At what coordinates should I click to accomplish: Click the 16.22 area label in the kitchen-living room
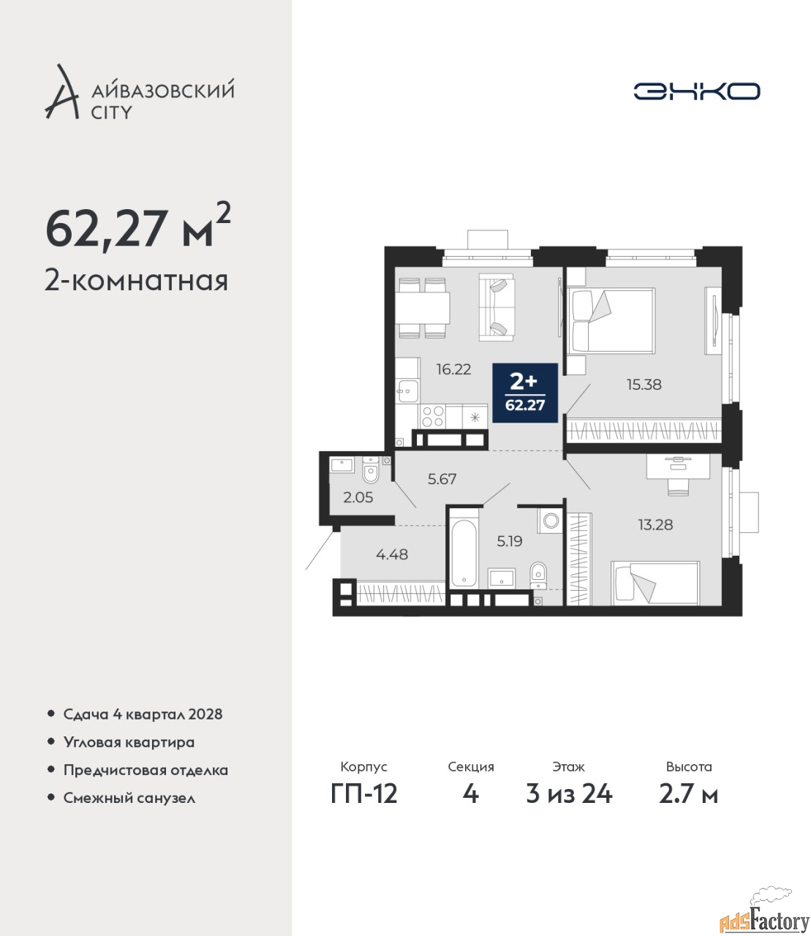tap(453, 369)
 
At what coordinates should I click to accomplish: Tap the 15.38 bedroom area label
tap(644, 385)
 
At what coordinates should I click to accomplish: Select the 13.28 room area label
tap(655, 525)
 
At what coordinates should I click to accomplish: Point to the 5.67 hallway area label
tap(442, 479)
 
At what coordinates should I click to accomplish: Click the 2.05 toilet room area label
tap(358, 497)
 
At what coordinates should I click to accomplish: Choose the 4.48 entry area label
tap(392, 554)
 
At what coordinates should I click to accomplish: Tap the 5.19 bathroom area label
tap(510, 540)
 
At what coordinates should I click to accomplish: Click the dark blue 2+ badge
tap(525, 393)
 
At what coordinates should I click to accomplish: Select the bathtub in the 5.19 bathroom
tap(463, 554)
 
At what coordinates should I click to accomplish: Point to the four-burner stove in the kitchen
tap(432, 417)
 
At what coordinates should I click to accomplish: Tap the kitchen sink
tap(407, 391)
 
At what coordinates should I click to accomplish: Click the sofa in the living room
tap(497, 306)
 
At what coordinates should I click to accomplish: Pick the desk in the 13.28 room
tap(678, 466)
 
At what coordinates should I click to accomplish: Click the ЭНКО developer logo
tap(696, 91)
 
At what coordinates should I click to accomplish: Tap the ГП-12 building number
tap(364, 794)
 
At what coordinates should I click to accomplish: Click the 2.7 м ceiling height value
tap(688, 794)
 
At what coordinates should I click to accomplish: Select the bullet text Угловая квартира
tap(129, 743)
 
